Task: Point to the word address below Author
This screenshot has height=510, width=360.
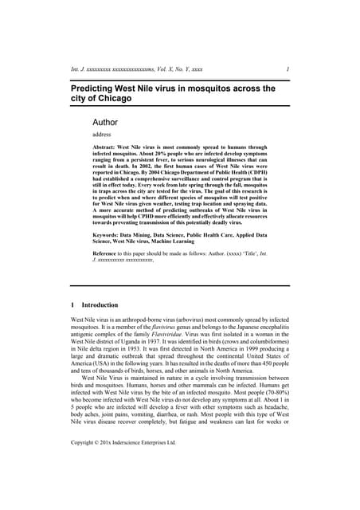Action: point(104,135)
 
